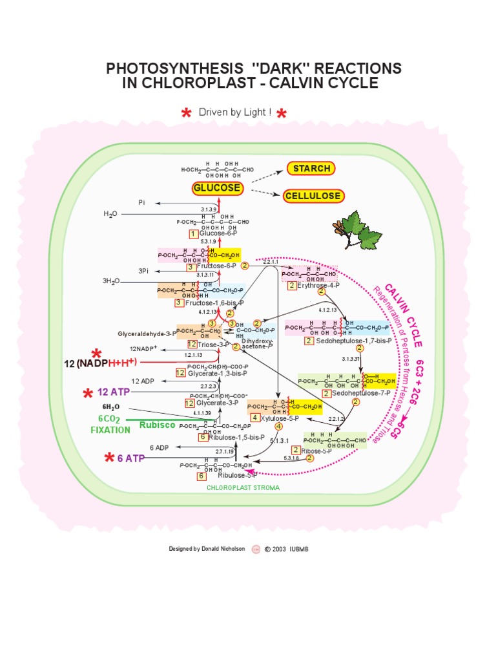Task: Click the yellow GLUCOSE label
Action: (217, 189)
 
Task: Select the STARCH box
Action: (311, 169)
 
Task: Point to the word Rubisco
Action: (157, 425)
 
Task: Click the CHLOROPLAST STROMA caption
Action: (243, 488)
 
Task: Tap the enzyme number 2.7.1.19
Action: (223, 451)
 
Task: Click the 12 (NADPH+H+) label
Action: (100, 363)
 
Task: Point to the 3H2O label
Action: (112, 281)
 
